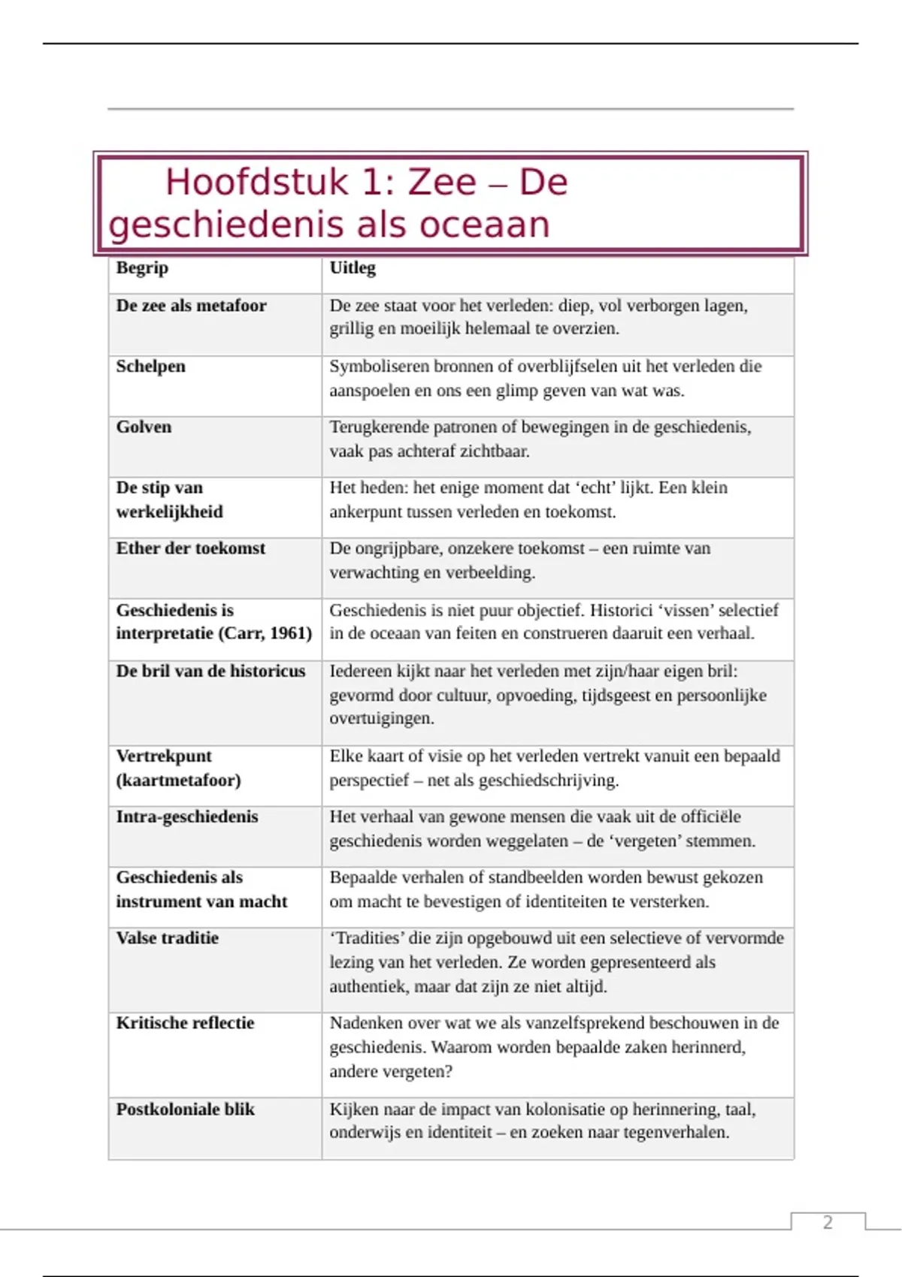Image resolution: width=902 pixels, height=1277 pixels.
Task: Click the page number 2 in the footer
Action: (828, 1222)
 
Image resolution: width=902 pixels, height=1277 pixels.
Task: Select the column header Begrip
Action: (142, 268)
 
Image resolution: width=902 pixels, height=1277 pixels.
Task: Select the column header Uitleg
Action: (353, 268)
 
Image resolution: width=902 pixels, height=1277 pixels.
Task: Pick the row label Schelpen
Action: (150, 367)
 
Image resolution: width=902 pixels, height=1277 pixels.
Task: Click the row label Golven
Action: (144, 427)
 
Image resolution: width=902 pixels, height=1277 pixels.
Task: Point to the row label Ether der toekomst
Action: (190, 548)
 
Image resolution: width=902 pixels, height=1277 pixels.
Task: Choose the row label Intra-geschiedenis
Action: (186, 817)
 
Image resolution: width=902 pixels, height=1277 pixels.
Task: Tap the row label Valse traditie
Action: (167, 938)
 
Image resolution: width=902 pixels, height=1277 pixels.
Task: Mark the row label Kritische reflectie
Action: (185, 1023)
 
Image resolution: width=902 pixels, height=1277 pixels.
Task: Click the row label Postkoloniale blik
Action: (185, 1109)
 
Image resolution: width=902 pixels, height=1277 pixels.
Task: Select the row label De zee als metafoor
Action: (191, 306)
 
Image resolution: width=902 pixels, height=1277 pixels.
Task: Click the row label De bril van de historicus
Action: (210, 671)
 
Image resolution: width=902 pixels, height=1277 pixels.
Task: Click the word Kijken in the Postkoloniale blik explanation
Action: (353, 1109)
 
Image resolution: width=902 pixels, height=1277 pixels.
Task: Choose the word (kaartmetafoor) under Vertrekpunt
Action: (178, 780)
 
